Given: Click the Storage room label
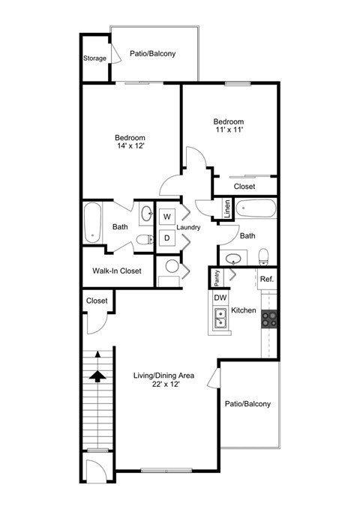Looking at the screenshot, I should [94, 58].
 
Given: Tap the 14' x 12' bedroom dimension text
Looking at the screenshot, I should [130, 146].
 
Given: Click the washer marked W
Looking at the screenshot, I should [166, 217].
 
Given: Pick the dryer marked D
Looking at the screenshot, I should [166, 238].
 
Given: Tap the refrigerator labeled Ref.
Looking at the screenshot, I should [267, 280].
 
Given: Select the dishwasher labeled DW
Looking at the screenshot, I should [220, 298].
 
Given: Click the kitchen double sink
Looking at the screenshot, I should [220, 321].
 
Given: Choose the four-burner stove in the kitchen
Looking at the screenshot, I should [269, 319].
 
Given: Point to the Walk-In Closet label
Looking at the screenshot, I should [117, 271].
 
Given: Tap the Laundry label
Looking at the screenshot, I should [187, 227].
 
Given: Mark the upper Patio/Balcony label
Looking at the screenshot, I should [153, 54].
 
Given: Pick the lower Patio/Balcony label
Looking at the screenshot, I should [247, 404].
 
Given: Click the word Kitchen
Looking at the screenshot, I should [244, 310].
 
